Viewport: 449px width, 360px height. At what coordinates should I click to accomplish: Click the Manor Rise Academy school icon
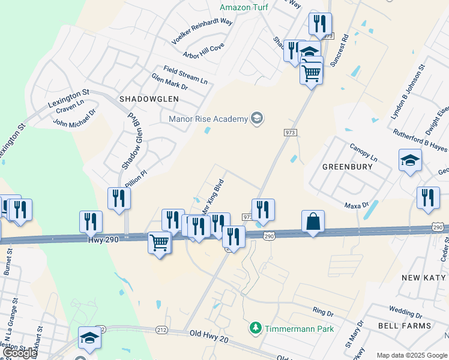257,118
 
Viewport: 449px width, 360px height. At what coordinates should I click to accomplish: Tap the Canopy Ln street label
363,154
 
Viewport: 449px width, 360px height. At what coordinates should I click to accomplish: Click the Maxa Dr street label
357,205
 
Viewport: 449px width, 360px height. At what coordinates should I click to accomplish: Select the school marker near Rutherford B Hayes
410,160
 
